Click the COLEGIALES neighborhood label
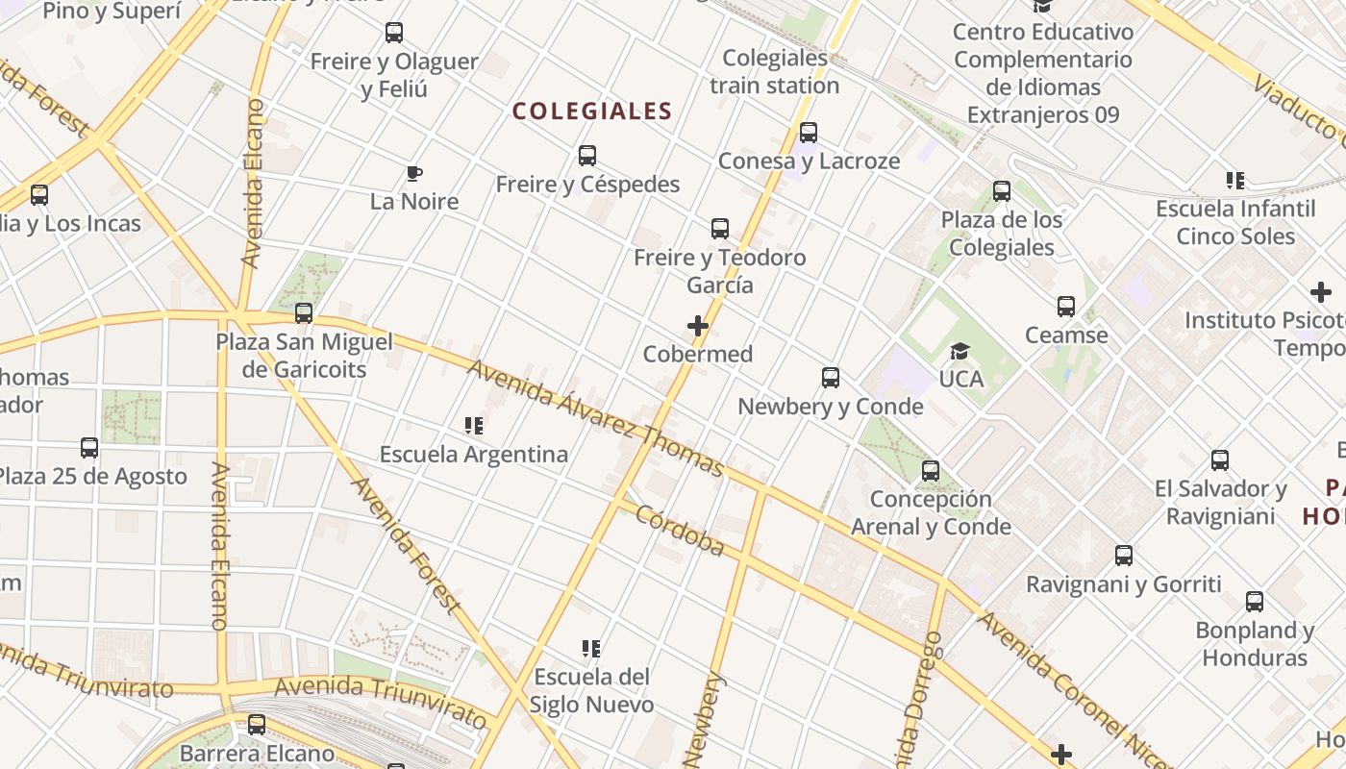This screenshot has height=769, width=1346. point(591,112)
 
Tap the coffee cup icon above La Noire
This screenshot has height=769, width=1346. point(414,174)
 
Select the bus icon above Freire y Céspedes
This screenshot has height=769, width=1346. point(587,156)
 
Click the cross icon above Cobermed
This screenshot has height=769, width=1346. point(698,327)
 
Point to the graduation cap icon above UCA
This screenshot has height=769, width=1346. point(960,352)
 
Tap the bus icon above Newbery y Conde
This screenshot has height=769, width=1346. point(831,378)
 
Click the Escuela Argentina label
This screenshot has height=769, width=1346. point(474,454)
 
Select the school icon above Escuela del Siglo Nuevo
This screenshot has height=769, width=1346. point(591,649)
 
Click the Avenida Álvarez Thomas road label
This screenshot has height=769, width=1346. point(596,417)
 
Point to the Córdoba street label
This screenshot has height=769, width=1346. point(680,530)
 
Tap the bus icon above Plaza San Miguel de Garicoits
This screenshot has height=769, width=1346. point(304,313)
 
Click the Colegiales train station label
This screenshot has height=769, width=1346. point(775,72)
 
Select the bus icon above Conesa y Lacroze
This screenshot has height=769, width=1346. point(809,133)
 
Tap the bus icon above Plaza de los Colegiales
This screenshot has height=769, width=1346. point(1002,191)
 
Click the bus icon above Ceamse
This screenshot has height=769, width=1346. point(1066,307)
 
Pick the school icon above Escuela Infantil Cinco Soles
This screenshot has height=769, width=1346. point(1235,180)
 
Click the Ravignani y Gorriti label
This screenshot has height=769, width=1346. point(1123,584)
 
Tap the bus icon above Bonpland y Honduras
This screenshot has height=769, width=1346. point(1255,602)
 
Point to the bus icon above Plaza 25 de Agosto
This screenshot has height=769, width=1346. point(89,448)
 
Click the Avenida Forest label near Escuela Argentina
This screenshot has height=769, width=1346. point(407,545)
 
